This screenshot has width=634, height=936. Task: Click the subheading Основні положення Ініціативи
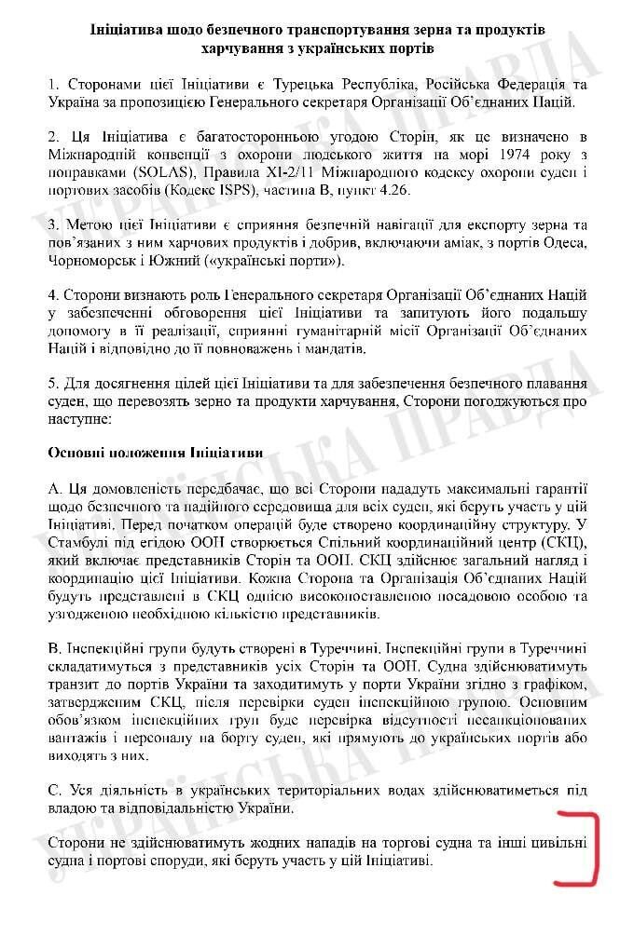[x=155, y=452]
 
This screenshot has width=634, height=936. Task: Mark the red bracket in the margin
[x=578, y=850]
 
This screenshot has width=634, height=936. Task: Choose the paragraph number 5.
[x=52, y=384]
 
